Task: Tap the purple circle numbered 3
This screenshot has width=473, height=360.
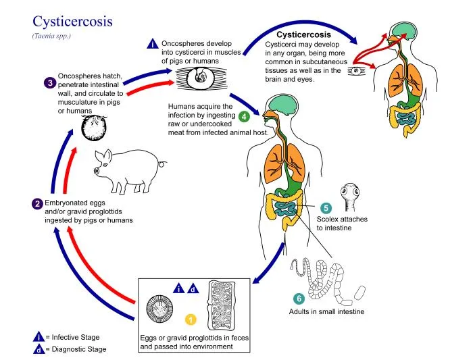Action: click(x=50, y=83)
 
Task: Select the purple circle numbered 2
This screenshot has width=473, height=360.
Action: click(x=38, y=203)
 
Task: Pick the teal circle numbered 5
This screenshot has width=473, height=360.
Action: click(x=325, y=208)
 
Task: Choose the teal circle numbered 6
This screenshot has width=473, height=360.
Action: click(x=299, y=297)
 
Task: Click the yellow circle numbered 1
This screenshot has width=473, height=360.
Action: click(x=191, y=318)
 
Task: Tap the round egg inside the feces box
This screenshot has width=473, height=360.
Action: click(x=161, y=311)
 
